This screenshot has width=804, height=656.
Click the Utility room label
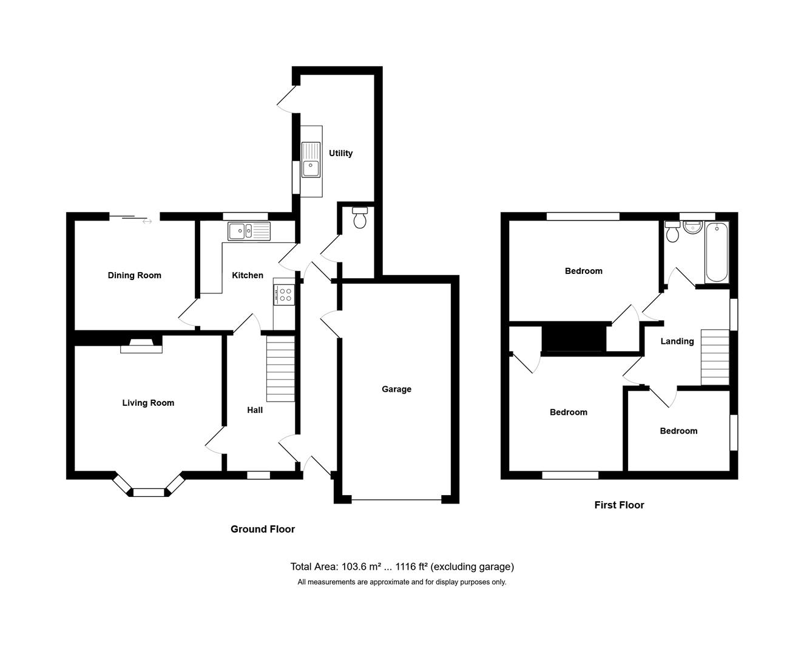click(340, 153)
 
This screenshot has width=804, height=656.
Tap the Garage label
click(396, 389)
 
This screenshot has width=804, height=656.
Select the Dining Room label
click(134, 275)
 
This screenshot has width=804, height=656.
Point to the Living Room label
click(148, 403)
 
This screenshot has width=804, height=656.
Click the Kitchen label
click(248, 275)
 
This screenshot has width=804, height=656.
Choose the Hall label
click(255, 410)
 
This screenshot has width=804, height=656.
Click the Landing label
click(677, 341)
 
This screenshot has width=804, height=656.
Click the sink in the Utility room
click(311, 160)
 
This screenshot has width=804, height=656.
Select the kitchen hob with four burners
click(284, 295)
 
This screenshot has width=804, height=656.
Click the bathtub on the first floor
click(717, 252)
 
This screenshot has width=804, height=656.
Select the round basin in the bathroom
click(692, 227)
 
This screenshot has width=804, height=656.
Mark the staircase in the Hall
click(280, 369)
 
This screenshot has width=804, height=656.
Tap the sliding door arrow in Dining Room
click(147, 222)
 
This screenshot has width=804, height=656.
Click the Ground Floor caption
click(263, 529)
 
